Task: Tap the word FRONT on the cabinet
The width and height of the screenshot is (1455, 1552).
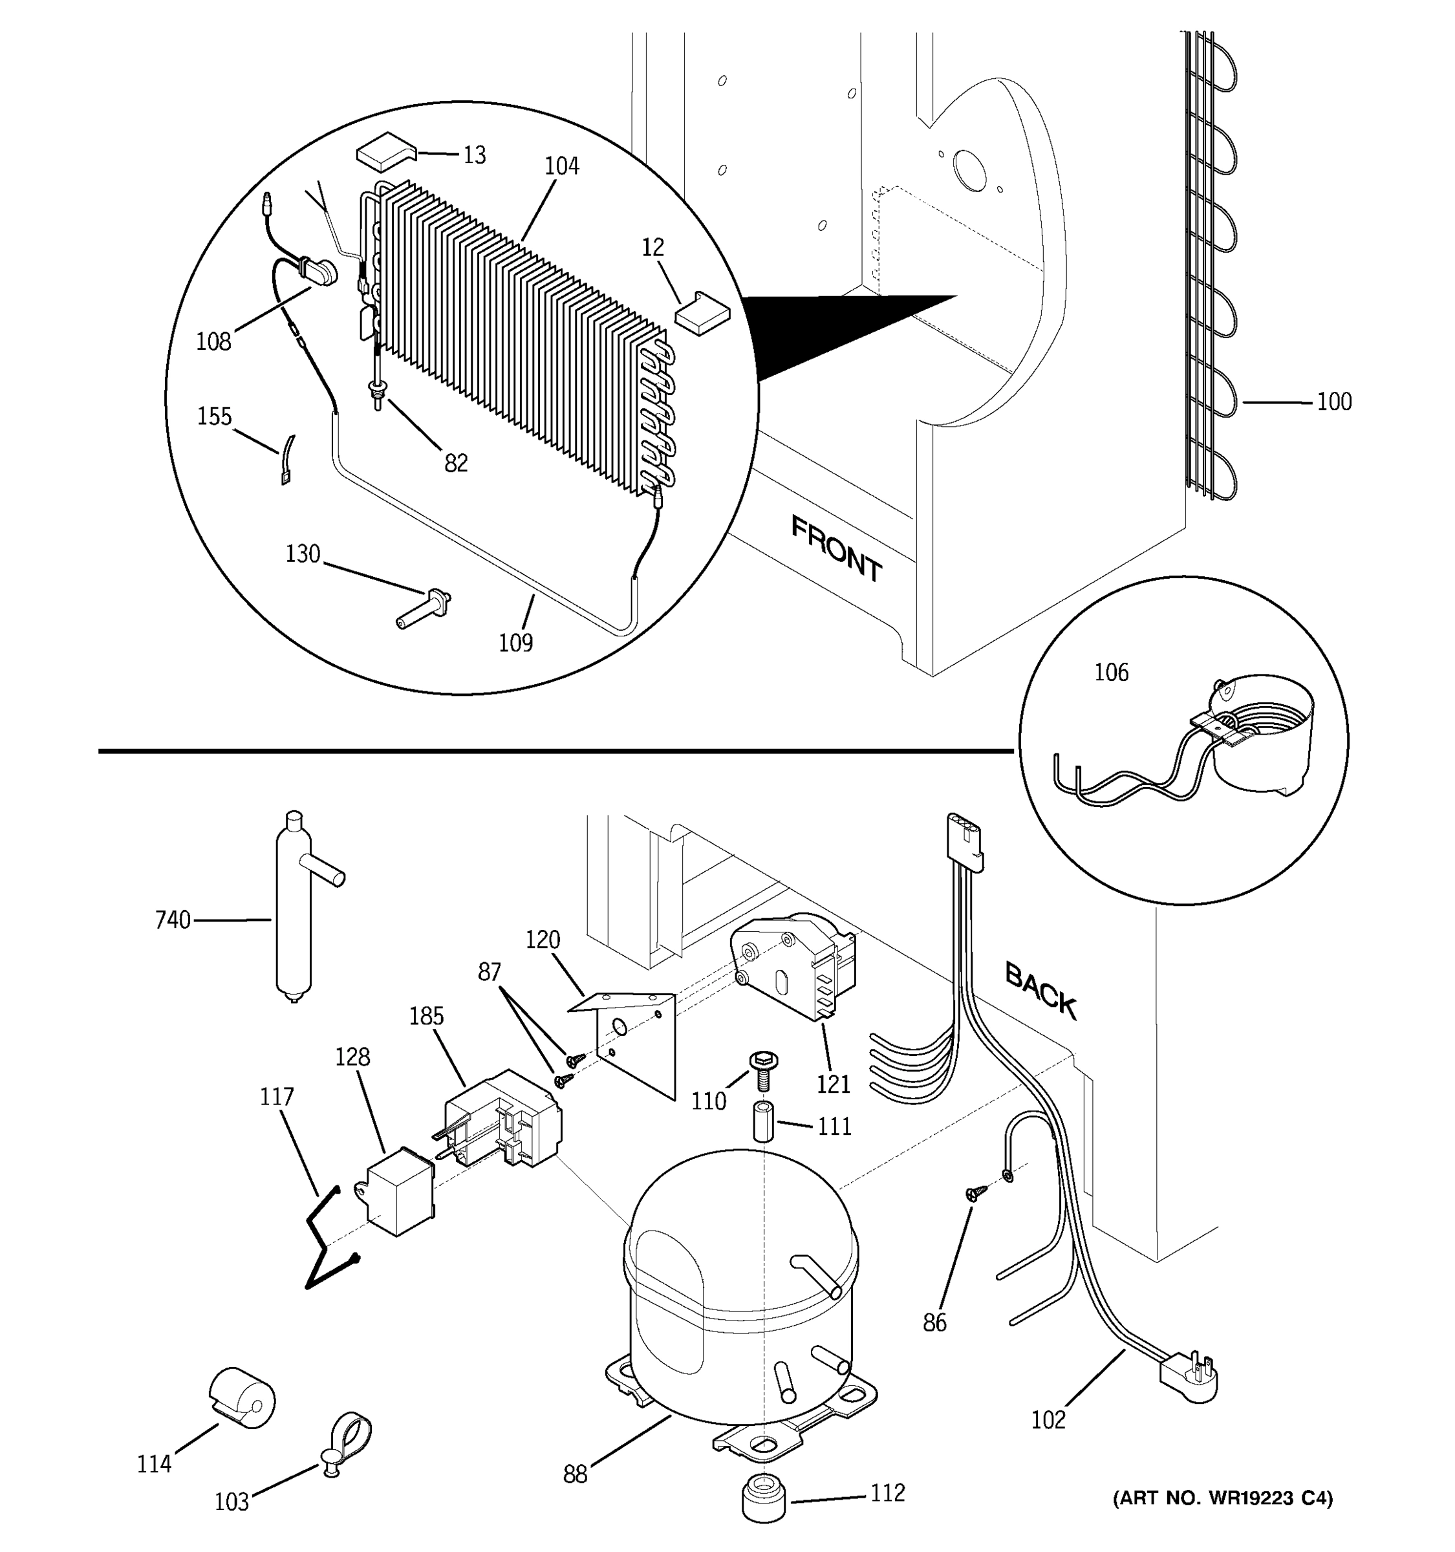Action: pyautogui.click(x=836, y=549)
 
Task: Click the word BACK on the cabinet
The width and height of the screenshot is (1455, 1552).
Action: pyautogui.click(x=1040, y=991)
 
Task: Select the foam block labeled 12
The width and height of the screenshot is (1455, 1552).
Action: pyautogui.click(x=700, y=312)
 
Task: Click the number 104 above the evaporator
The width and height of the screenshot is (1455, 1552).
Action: pyautogui.click(x=561, y=166)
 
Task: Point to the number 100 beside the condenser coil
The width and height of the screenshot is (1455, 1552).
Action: pyautogui.click(x=1334, y=402)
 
